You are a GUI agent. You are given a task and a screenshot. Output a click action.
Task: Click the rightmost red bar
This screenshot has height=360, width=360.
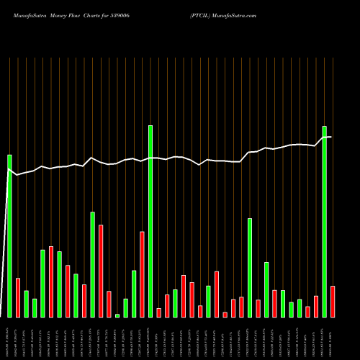[x=333, y=302]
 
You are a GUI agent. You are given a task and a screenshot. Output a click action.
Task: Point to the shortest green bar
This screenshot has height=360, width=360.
[x=117, y=315]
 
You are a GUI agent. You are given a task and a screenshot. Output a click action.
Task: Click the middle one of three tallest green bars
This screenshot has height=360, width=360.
[x=150, y=221]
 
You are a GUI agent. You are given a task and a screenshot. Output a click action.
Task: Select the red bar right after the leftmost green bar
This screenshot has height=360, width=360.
[x=18, y=297]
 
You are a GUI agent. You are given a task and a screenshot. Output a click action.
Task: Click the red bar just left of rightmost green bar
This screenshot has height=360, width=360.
[x=316, y=306]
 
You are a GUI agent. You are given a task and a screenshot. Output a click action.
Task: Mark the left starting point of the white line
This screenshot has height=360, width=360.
[x=8, y=170]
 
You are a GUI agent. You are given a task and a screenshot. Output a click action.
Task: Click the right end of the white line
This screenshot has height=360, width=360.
[x=330, y=137]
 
